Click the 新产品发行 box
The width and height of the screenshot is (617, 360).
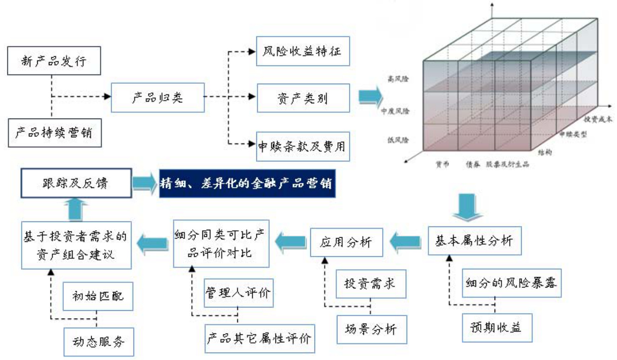coord(54,61)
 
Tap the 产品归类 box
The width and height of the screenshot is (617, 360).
coord(157,97)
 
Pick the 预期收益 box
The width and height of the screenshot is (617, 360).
coord(495,327)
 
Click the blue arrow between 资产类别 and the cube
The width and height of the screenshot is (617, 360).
coord(369,96)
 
